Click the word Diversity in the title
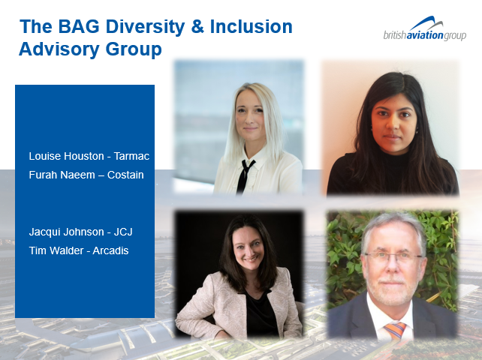pos(145,28)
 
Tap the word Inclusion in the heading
pos(251,26)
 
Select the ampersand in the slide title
pos(197,26)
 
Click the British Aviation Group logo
pos(424,28)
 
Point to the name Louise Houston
pos(66,156)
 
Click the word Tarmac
pos(131,156)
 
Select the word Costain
pos(125,175)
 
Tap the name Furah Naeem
pos(62,175)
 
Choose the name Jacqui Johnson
pos(66,232)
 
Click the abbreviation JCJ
pos(123,232)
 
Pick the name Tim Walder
pos(56,250)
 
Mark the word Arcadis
pos(110,250)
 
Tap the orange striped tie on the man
pos(396,330)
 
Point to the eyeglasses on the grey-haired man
pos(393,257)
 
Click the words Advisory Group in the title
pos(90,49)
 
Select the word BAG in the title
pos(79,26)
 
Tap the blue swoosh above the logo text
pos(427,23)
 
